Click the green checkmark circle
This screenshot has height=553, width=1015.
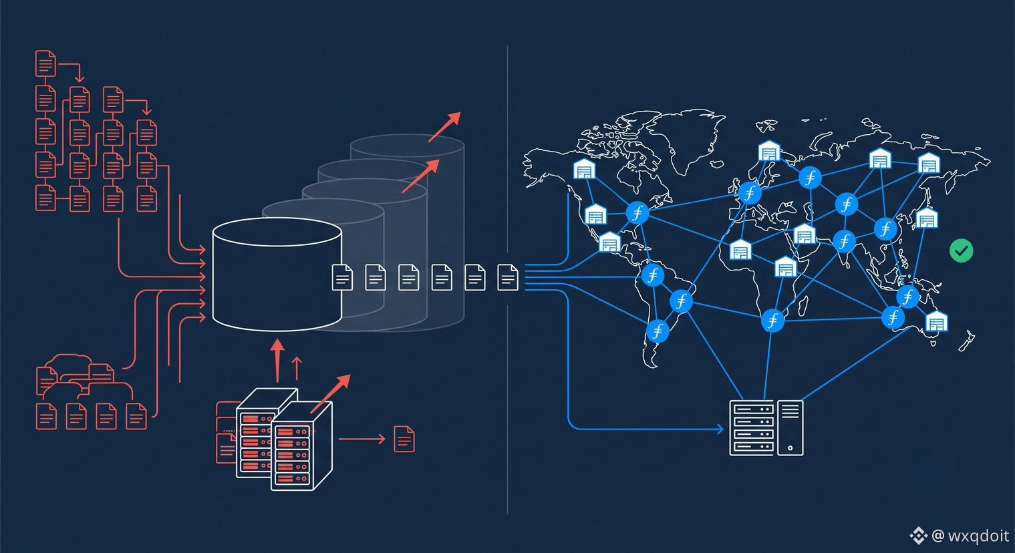[961, 250]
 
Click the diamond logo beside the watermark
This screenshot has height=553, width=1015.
[919, 536]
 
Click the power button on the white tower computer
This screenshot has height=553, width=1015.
[790, 448]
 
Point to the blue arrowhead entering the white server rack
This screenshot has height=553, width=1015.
[720, 429]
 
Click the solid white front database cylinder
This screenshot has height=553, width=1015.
[277, 274]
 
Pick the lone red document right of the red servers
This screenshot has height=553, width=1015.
[404, 439]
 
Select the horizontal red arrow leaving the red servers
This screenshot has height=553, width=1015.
[361, 439]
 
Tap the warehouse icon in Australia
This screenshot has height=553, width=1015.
[936, 321]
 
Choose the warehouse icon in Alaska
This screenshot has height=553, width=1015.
[584, 169]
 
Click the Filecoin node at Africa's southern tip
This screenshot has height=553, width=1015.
[772, 321]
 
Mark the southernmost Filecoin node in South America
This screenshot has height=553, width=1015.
[658, 331]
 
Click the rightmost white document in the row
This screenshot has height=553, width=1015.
[508, 277]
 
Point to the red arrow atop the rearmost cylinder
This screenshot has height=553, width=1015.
[445, 127]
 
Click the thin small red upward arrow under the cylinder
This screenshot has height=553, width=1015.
[297, 369]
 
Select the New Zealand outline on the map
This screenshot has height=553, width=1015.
[967, 341]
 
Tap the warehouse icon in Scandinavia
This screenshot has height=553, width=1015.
[769, 151]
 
